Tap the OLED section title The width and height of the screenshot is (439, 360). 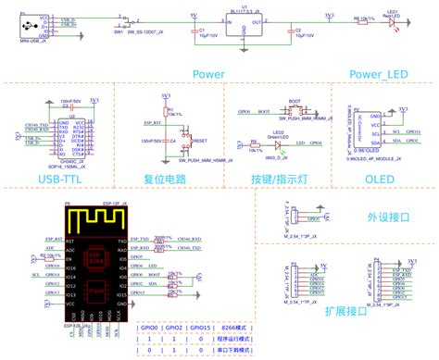pyautogui.click(x=377, y=177)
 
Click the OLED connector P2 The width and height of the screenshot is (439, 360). pyautogui.click(x=357, y=129)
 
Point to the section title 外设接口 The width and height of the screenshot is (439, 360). pyautogui.click(x=382, y=217)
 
